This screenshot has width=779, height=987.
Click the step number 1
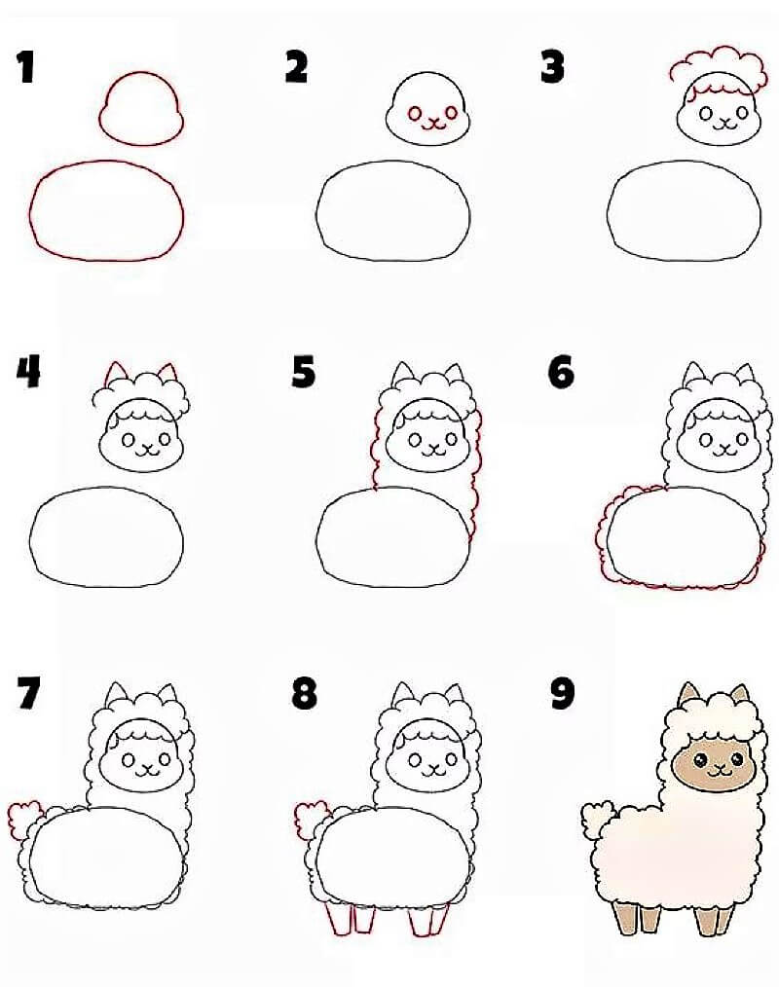pos(26,67)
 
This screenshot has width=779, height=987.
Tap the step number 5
pos(304,372)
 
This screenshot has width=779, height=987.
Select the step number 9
pos(563,694)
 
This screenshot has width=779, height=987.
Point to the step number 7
pos(29,693)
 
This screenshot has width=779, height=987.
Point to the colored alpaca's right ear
pos(742,694)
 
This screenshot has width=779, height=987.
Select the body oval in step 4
pos(106,536)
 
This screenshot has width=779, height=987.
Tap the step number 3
pos(552,67)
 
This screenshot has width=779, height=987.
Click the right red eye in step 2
pos(452,112)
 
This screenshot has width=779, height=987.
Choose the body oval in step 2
pos(392,211)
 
